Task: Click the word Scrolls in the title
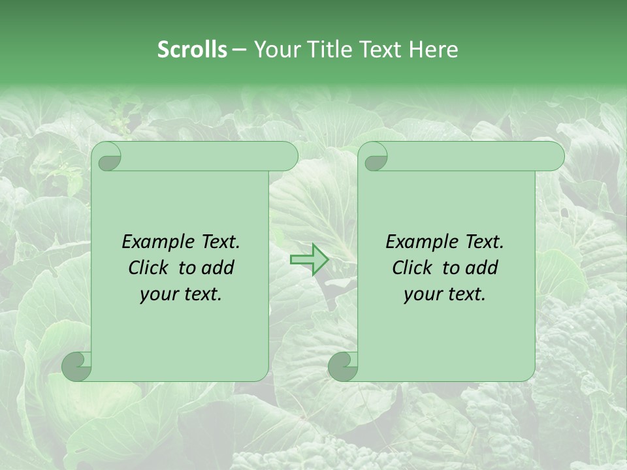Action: coord(193,50)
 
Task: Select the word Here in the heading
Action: coord(433,50)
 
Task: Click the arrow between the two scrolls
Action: coord(309,260)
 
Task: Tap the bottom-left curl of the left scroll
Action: coord(77,366)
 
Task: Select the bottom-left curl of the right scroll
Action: coord(343,366)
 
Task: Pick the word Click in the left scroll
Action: coord(148,268)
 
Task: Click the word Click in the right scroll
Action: coord(411,268)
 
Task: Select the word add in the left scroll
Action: coord(218,268)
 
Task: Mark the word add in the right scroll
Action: coord(482,268)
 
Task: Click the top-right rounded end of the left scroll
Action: coord(288,157)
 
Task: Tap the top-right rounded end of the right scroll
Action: coord(555,157)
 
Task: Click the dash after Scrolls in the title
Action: coord(239,50)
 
